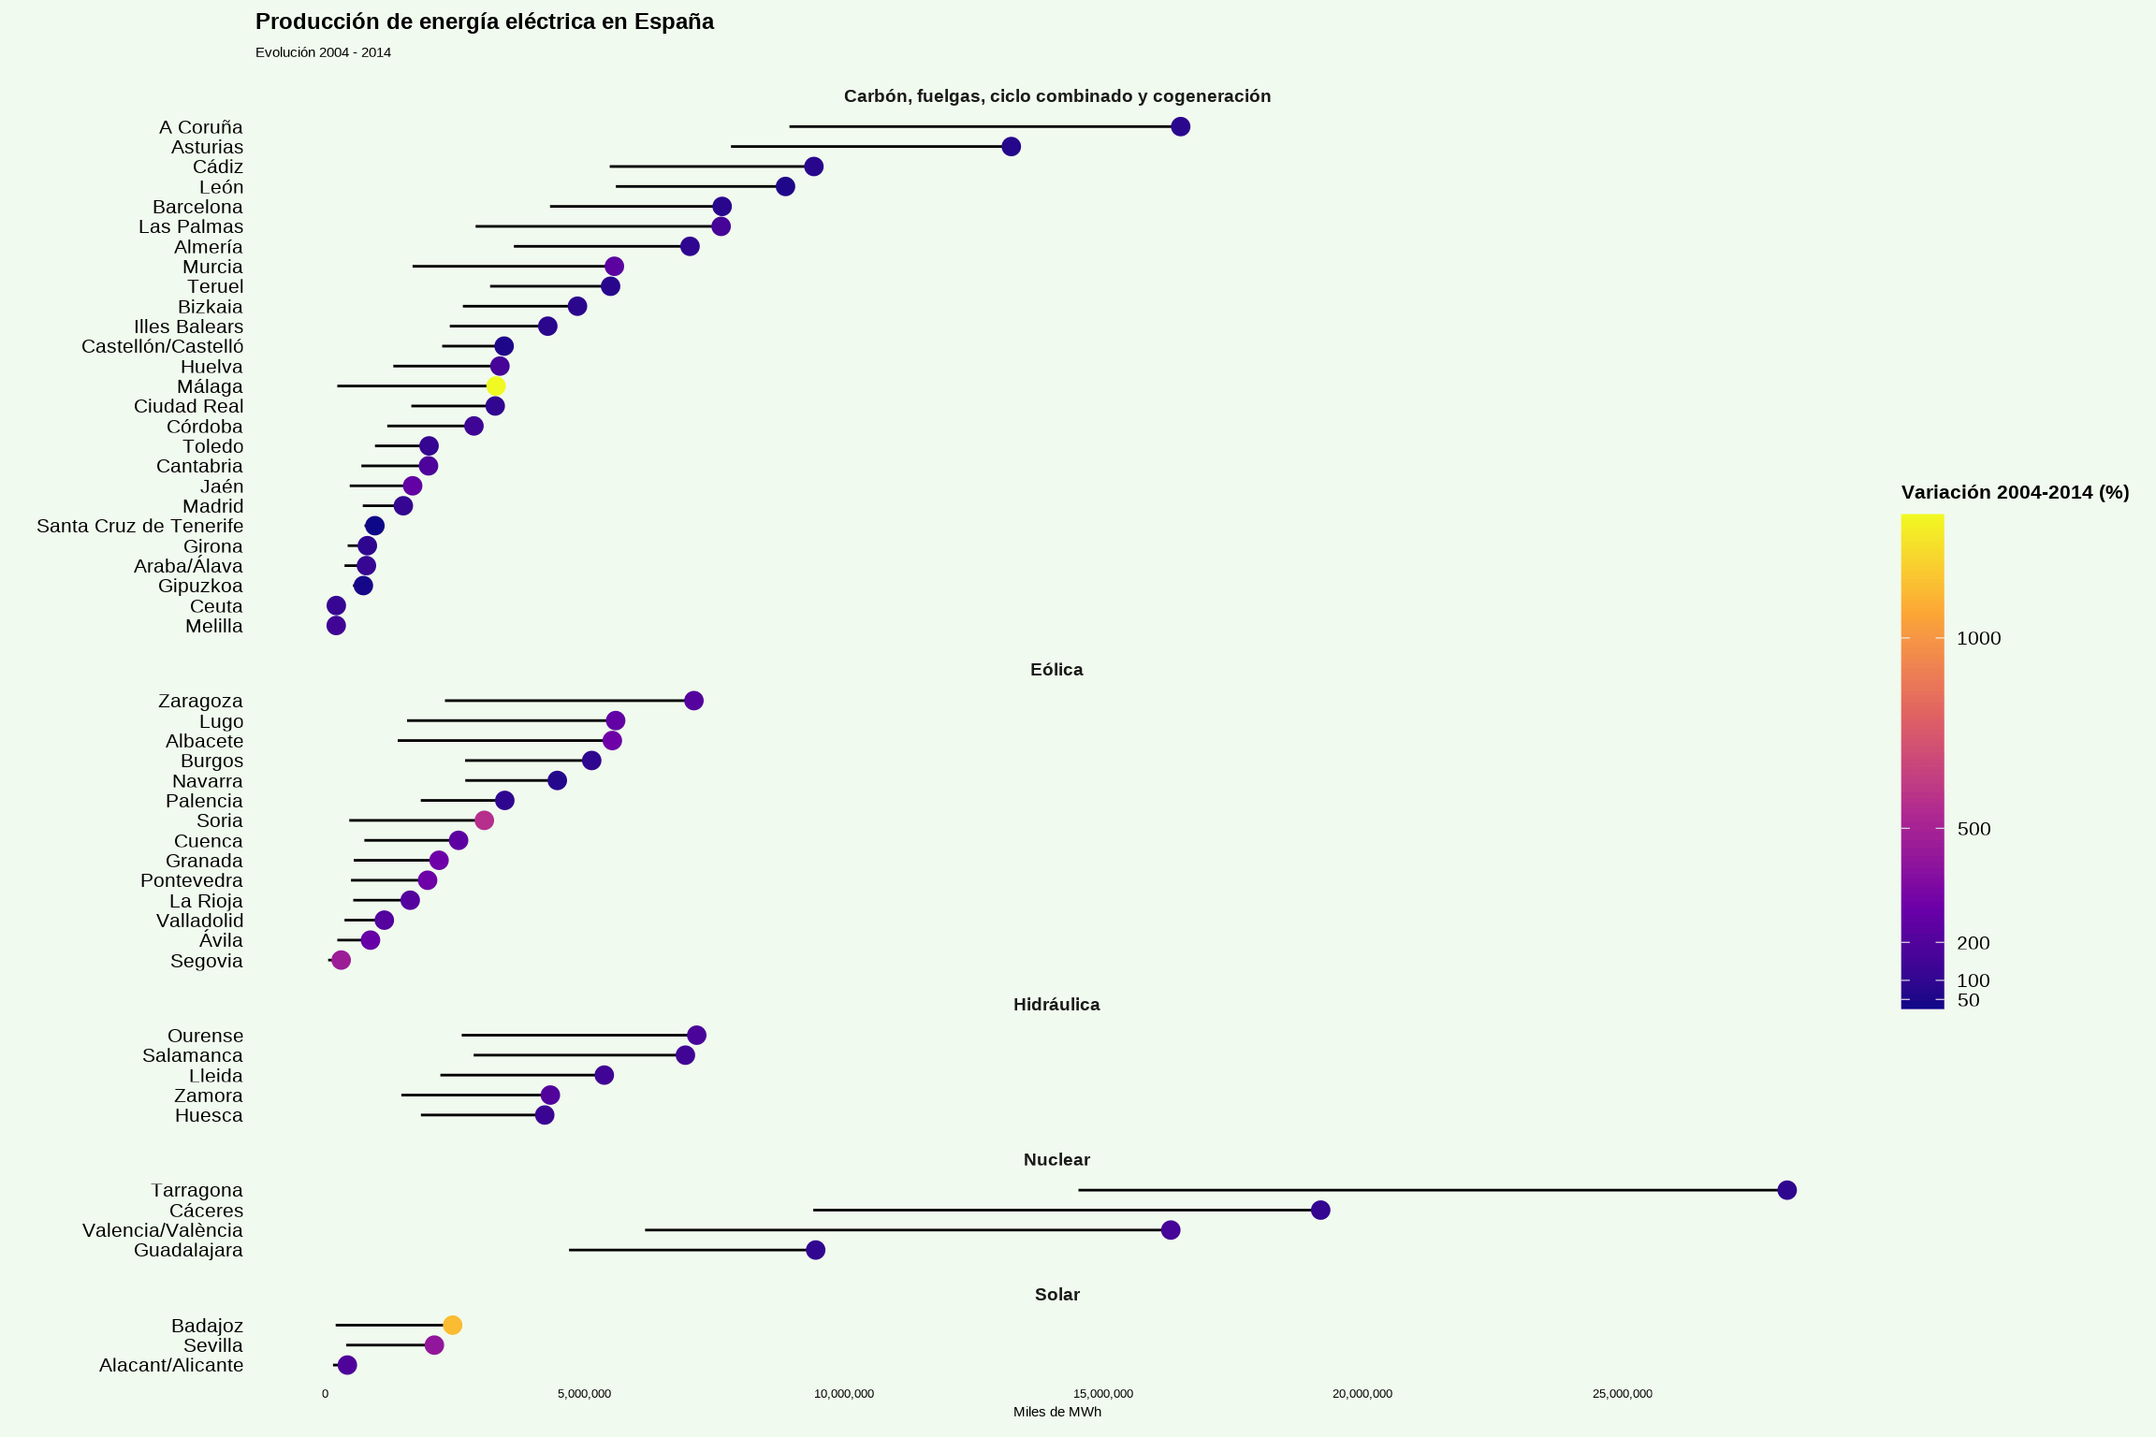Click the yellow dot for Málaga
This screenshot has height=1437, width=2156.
(496, 386)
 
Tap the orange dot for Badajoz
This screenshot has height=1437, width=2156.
(452, 1325)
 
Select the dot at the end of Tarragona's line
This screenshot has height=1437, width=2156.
(1786, 1190)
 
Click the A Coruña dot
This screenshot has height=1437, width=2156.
(1180, 127)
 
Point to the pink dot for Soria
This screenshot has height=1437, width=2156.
(484, 820)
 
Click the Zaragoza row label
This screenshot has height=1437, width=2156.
(200, 702)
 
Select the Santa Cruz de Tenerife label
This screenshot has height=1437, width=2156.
(139, 527)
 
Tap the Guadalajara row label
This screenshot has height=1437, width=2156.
(188, 1251)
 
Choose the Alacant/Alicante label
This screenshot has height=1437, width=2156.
(171, 1366)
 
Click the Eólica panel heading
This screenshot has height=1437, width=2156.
(1056, 670)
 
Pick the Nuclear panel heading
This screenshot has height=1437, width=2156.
(1056, 1160)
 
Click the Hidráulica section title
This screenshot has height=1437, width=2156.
(1056, 1005)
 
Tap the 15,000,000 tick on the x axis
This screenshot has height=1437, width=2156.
(1103, 1394)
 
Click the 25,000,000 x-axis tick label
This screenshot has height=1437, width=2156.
(1622, 1394)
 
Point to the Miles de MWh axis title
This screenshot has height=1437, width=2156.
(1056, 1412)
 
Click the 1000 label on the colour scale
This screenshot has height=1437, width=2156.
(1978, 639)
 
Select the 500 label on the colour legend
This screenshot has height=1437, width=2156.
(1974, 830)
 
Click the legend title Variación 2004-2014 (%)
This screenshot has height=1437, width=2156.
(2015, 493)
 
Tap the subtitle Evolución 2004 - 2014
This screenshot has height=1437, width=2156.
(323, 53)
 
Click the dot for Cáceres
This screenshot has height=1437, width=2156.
(1320, 1211)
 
